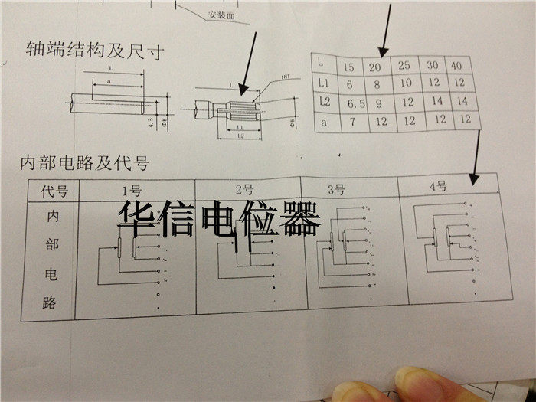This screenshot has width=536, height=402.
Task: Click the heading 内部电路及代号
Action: pyautogui.click(x=83, y=162)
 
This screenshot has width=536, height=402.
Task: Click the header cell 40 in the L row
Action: pyautogui.click(x=456, y=65)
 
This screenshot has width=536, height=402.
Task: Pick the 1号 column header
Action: pyautogui.click(x=131, y=191)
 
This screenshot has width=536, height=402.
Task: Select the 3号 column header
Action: pyautogui.click(x=336, y=188)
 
